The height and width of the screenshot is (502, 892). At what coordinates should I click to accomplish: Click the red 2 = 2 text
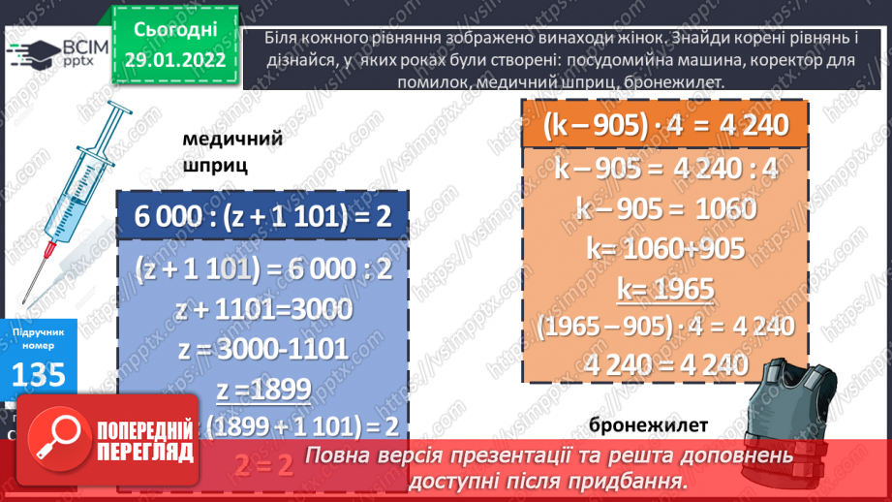click(x=262, y=465)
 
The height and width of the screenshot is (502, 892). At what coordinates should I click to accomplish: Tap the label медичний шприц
click(x=232, y=151)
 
